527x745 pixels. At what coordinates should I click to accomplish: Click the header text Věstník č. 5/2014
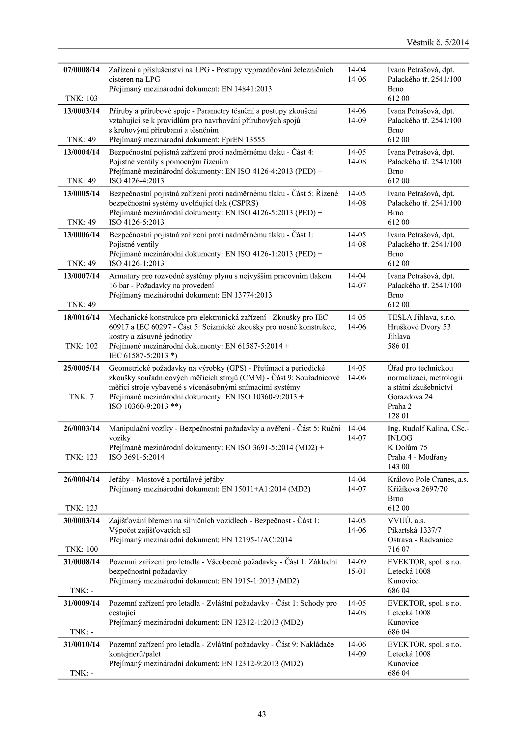438,42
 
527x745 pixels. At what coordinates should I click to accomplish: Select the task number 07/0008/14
81,70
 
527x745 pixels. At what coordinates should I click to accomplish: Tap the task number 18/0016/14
81,317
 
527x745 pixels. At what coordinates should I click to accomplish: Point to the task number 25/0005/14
81,368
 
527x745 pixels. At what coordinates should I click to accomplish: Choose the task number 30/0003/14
81,520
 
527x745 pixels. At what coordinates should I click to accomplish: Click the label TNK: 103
81,98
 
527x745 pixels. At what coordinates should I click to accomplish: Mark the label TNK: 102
81,346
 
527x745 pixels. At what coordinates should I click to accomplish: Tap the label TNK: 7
81,397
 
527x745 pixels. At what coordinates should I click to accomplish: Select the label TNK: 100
81,549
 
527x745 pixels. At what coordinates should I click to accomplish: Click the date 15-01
357,571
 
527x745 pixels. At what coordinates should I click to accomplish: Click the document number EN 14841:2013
247,89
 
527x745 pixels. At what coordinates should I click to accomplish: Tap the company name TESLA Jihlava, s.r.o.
421,317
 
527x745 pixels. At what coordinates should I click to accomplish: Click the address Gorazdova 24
410,397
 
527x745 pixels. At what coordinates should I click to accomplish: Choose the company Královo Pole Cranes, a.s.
428,479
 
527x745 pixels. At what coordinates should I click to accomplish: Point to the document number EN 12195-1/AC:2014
257,540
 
